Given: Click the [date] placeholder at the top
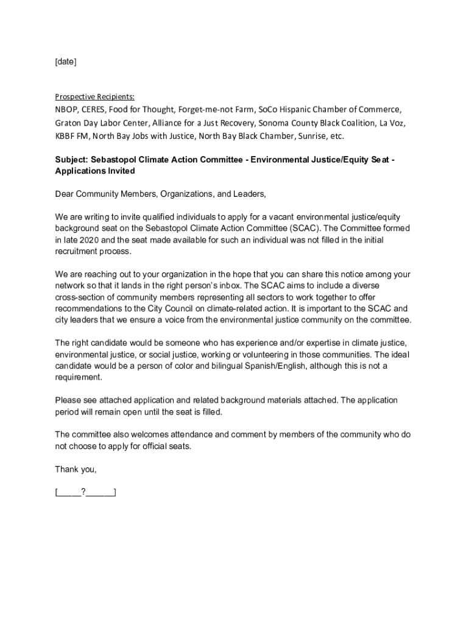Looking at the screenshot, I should point(66,62).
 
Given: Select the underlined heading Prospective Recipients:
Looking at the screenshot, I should point(95,97).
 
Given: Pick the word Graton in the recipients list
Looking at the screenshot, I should point(68,122).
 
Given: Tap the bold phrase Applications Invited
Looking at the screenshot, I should point(95,171).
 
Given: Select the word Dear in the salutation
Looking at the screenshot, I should point(65,194).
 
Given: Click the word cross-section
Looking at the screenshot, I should point(82,297).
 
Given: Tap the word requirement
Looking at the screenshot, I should point(78,377).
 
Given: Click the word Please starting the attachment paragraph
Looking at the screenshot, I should point(69,400).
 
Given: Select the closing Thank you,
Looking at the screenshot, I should point(76,469).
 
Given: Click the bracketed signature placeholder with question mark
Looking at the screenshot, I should point(85,492).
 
